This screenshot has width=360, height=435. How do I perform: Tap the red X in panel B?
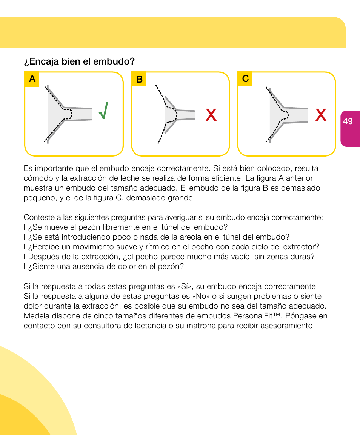(x=211, y=115)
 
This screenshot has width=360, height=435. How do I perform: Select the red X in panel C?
(x=321, y=114)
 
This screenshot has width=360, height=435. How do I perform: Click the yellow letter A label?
(x=32, y=79)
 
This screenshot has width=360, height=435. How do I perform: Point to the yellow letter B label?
(x=139, y=79)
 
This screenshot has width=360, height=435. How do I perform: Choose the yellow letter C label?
(x=245, y=78)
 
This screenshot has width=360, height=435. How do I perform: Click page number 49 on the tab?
(x=348, y=121)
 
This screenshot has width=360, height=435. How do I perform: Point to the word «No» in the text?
(x=202, y=296)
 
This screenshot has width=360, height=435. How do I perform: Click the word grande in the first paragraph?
(x=185, y=198)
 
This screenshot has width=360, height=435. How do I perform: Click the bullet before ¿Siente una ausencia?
(x=25, y=267)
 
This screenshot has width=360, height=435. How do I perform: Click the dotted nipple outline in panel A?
(x=68, y=114)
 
